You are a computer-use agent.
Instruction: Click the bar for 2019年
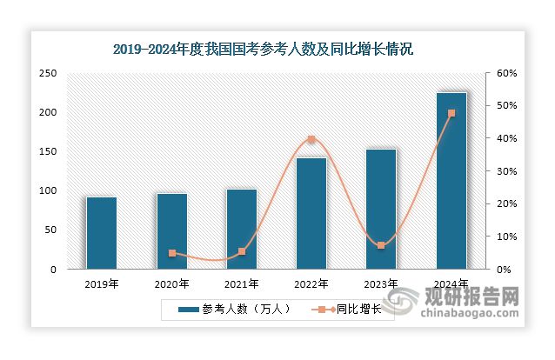tap(101, 233)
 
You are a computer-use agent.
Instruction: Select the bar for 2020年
tap(171, 231)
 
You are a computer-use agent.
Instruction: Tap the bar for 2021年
tap(241, 229)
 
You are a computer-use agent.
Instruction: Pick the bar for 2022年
tap(311, 213)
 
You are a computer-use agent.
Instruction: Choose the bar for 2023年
tap(380, 209)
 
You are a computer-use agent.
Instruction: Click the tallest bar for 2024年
tap(451, 181)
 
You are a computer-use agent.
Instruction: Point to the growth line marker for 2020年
tap(171, 253)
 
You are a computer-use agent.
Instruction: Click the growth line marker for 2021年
tap(241, 251)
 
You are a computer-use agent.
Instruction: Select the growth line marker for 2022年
tap(311, 139)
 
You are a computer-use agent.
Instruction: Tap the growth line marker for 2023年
tap(380, 245)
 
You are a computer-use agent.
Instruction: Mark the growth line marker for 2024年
tap(451, 113)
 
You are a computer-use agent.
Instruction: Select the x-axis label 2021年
tap(241, 283)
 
